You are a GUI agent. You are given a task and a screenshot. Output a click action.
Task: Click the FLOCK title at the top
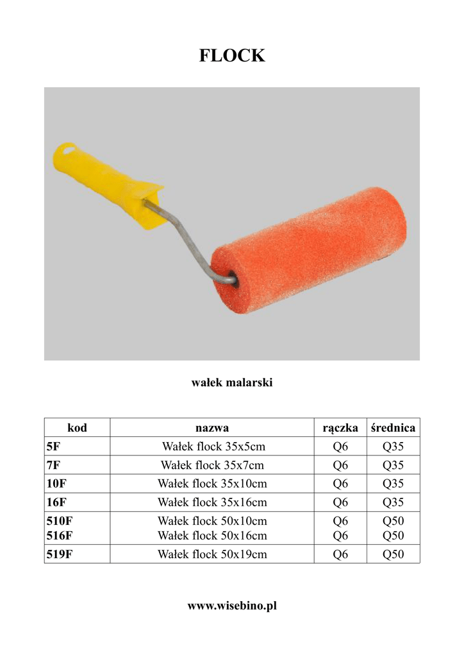point(232,55)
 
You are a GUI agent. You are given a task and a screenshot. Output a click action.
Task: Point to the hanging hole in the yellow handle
point(69,148)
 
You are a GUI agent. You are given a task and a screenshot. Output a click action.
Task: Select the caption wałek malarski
point(232,382)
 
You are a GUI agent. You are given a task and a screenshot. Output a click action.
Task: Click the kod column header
point(77,427)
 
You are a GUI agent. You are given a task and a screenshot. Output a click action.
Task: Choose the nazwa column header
point(212,428)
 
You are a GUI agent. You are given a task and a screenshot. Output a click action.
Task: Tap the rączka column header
point(340,428)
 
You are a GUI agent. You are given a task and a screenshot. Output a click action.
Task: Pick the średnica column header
point(393,427)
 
